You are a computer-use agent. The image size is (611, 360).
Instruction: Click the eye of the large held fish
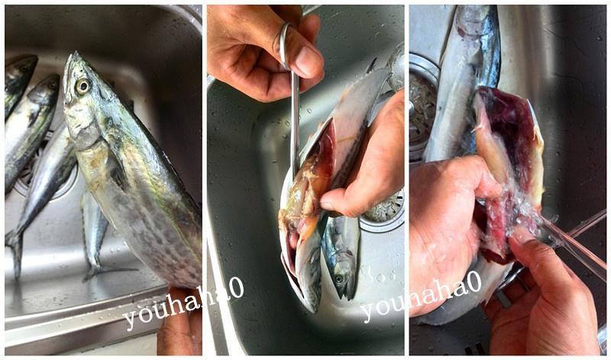(x=82, y=86)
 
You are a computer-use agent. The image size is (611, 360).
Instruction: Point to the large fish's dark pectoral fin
(x=118, y=172)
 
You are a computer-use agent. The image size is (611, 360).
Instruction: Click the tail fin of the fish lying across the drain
(x=15, y=254)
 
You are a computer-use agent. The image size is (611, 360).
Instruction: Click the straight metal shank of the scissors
(x=295, y=121)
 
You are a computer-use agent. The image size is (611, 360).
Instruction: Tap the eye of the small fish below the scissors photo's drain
(x=338, y=278)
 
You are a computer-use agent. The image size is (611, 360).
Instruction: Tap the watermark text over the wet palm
(x=422, y=297)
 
